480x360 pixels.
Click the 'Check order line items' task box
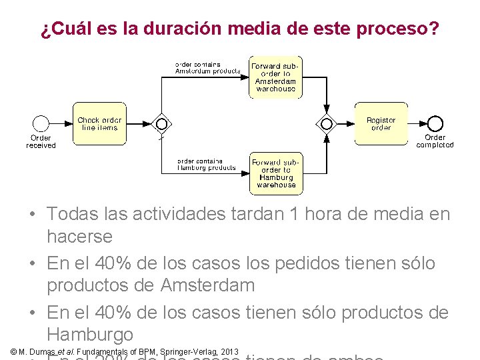click(x=99, y=124)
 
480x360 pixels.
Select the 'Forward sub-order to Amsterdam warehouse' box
click(x=275, y=77)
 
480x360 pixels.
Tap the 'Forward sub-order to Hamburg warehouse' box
click(x=275, y=173)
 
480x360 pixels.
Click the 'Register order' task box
click(x=381, y=124)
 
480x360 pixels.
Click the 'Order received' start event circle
click(x=41, y=124)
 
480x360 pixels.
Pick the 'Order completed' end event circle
click(x=435, y=124)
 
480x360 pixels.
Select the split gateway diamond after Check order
click(x=161, y=124)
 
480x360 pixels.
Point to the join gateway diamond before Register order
click(x=327, y=124)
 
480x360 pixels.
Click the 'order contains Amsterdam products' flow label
click(x=207, y=68)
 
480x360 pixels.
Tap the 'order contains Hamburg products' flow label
click(x=206, y=165)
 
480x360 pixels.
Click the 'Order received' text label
click(x=41, y=141)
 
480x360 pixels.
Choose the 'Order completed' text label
click(x=435, y=141)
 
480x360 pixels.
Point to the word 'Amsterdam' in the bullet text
click(x=207, y=285)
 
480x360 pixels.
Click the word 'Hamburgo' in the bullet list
click(x=90, y=334)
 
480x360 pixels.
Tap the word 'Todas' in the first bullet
click(x=70, y=214)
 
